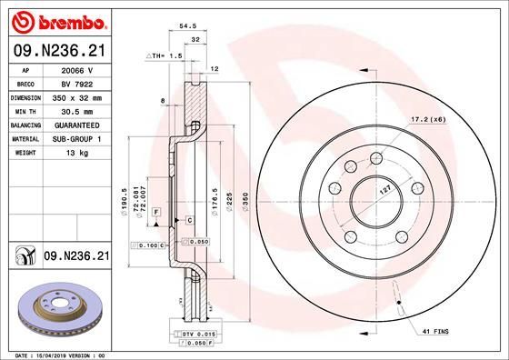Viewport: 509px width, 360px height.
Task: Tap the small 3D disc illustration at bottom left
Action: (56, 305)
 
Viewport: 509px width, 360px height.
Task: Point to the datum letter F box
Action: (155, 211)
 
